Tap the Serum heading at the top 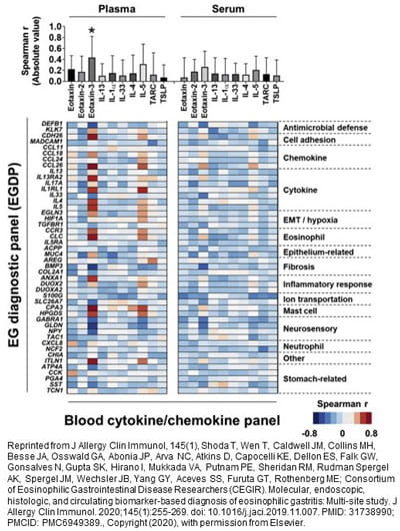(225, 9)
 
